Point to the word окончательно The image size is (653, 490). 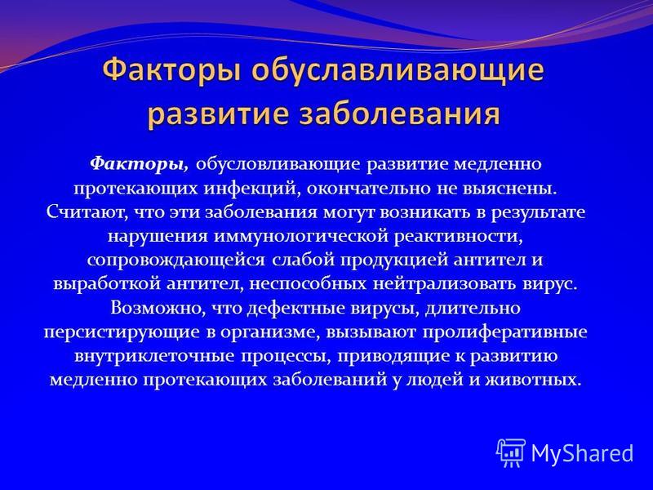370,188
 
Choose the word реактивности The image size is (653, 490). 458,236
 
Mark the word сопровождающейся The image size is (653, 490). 176,261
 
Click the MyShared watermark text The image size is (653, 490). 582,453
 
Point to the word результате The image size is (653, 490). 538,212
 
